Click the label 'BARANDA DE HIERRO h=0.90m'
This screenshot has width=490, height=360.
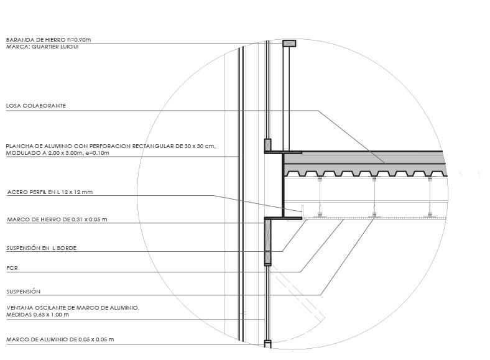point(49,40)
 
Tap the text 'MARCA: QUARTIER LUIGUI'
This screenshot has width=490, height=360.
point(42,47)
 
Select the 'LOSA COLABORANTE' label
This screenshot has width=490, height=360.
point(36,106)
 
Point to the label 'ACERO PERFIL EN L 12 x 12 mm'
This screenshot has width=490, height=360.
point(50,192)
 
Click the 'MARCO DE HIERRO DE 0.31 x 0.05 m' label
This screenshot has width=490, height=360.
point(57,219)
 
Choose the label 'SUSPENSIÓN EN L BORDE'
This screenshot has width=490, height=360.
point(42,248)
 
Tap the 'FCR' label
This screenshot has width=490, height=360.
point(12,268)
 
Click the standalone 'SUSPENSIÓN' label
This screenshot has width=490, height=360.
point(23,292)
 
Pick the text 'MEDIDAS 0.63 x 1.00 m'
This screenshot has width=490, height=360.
point(37,315)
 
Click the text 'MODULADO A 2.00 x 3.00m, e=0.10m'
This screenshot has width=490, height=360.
point(57,153)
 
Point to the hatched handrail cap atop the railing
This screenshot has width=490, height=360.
point(289,44)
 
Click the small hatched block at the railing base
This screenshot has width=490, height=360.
point(268,144)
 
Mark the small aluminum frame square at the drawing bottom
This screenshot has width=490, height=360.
point(268,343)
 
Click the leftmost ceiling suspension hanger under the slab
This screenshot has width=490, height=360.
point(320,197)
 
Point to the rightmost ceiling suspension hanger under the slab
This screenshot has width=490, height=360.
point(430,197)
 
